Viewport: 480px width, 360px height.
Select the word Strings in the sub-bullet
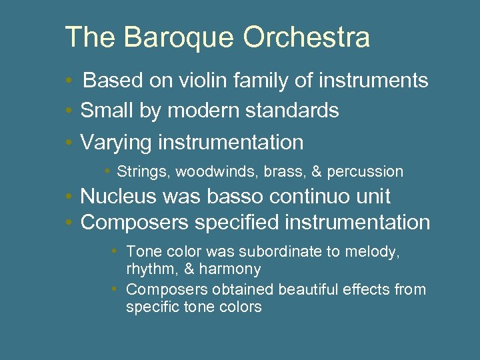tap(144, 172)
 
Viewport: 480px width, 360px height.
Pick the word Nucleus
tap(118, 197)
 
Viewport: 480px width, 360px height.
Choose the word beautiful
tap(310, 290)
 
